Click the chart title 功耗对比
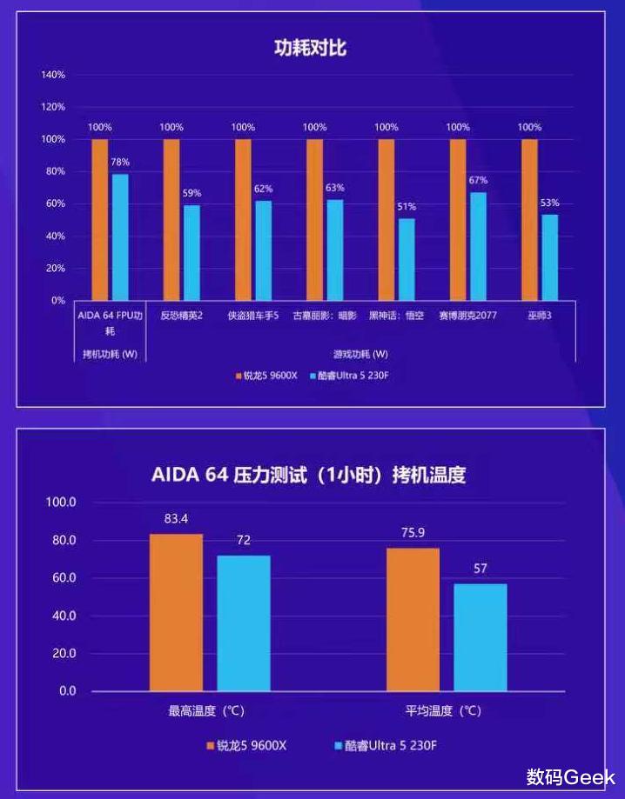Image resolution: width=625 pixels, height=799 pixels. click(311, 47)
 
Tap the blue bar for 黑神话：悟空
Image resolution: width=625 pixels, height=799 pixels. click(407, 258)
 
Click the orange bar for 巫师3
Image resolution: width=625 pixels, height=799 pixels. click(529, 219)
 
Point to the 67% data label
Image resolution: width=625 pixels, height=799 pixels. click(478, 180)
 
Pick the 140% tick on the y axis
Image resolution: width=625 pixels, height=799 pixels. click(53, 75)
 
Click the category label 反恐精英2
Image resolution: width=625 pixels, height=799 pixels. click(181, 316)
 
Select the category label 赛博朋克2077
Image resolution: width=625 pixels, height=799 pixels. click(467, 316)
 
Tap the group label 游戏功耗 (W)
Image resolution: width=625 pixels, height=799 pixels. click(360, 354)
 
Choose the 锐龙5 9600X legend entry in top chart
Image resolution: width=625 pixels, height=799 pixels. click(267, 376)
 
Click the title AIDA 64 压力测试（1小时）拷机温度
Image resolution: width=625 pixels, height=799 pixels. click(308, 475)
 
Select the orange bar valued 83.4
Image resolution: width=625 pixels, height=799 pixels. click(176, 612)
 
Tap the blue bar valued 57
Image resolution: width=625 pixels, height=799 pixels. click(480, 636)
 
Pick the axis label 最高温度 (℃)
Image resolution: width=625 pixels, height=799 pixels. click(206, 710)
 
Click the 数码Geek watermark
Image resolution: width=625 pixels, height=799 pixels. click(570, 776)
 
